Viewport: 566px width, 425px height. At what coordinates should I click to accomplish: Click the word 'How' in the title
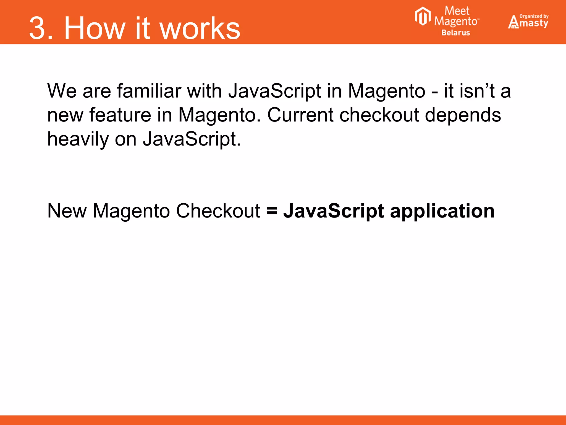[x=94, y=28]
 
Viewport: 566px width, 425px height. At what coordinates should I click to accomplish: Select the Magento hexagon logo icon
[x=423, y=16]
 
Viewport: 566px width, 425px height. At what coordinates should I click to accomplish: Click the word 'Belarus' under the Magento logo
[x=455, y=33]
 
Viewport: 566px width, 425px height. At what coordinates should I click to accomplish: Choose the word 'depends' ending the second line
[x=463, y=115]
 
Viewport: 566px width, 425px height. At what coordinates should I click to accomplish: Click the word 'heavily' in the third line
[x=78, y=139]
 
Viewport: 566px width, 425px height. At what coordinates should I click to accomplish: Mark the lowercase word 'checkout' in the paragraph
[x=379, y=115]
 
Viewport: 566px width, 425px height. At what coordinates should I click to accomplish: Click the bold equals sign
[x=272, y=211]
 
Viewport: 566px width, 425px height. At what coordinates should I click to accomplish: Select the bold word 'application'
[x=442, y=211]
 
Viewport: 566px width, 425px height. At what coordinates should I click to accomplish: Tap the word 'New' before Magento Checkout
[x=67, y=211]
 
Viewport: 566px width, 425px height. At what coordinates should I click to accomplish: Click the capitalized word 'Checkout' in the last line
[x=218, y=211]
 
